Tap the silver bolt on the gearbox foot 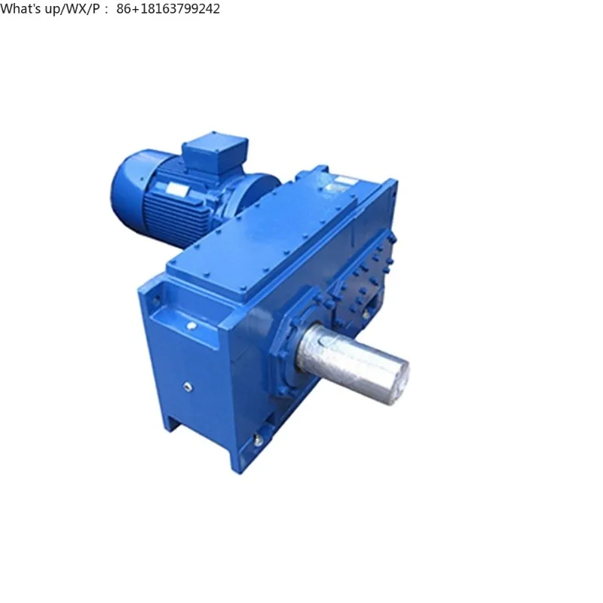point(259,437)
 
